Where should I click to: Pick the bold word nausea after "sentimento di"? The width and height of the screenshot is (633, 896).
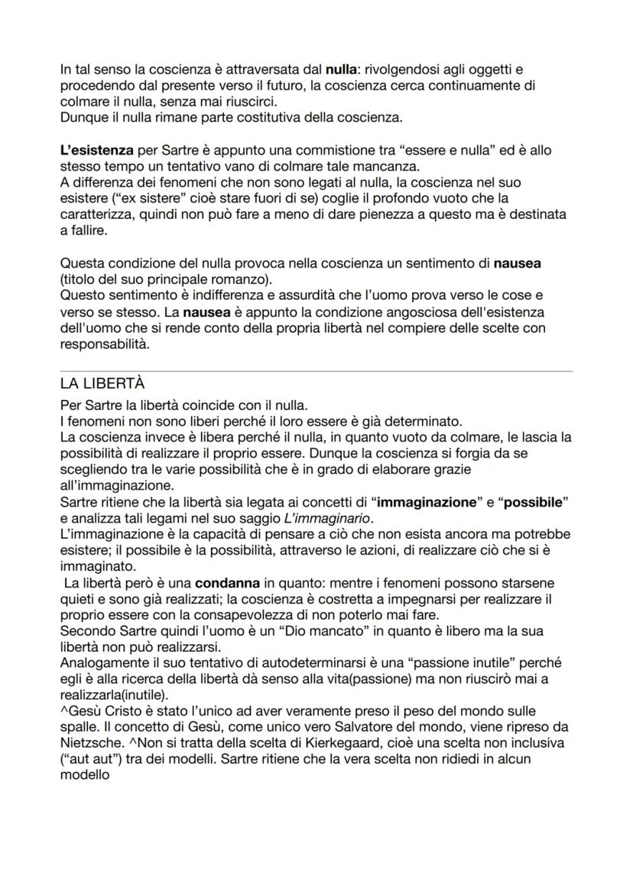point(517,264)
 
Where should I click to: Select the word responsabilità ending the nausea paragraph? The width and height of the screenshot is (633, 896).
point(105,344)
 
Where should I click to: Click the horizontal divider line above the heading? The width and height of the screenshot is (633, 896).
point(316,371)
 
